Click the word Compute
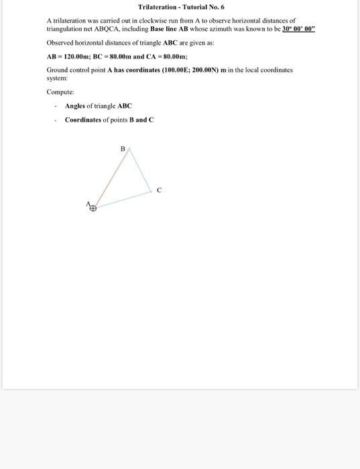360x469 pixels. [x=60, y=92]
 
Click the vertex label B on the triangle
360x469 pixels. [x=122, y=148]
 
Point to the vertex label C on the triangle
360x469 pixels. [x=159, y=190]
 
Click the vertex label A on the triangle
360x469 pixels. [x=88, y=203]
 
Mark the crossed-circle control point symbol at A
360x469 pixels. [x=93, y=208]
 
